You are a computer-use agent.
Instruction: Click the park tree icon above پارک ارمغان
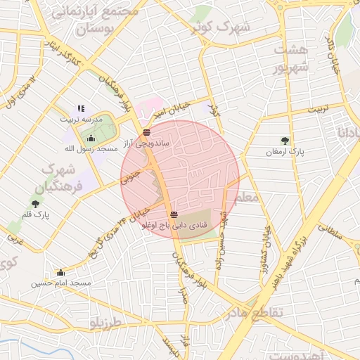pos(285,140)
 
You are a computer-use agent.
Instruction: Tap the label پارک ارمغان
pos(285,151)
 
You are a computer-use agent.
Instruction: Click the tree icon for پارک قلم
pos(36,204)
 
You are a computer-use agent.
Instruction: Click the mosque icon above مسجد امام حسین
pos(60,272)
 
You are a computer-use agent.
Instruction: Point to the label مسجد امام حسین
pos(61,283)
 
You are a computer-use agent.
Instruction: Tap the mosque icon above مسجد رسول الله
pos(89,138)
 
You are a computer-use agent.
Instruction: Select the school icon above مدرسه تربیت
pos(81,109)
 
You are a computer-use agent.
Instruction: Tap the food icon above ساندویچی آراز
pos(146,132)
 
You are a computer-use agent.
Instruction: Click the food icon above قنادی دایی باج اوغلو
pos(174,214)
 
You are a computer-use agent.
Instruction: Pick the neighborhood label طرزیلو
pos(105,322)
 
